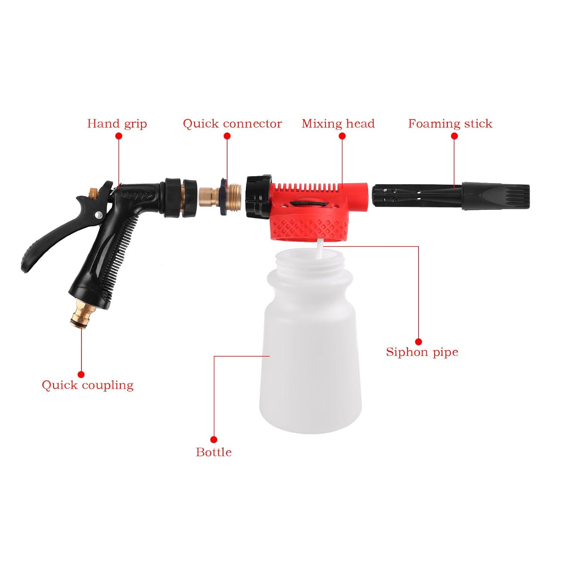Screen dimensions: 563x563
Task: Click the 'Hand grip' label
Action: [117, 124]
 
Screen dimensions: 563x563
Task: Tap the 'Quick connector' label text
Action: [232, 124]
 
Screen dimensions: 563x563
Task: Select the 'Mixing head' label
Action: [338, 124]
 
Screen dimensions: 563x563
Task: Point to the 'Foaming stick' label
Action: [450, 124]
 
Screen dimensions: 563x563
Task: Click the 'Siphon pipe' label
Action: [422, 352]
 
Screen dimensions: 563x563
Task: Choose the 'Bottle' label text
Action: [214, 452]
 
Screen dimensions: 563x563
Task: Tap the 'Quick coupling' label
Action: [87, 385]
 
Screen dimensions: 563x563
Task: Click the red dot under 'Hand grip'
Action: [119, 136]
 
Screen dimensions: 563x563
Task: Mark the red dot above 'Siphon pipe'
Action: [418, 342]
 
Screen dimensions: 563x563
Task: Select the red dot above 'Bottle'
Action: [214, 440]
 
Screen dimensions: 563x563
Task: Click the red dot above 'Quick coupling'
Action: [81, 374]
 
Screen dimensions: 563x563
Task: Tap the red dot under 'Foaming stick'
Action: [455, 136]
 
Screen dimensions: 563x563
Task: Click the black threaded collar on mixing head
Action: [257, 197]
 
